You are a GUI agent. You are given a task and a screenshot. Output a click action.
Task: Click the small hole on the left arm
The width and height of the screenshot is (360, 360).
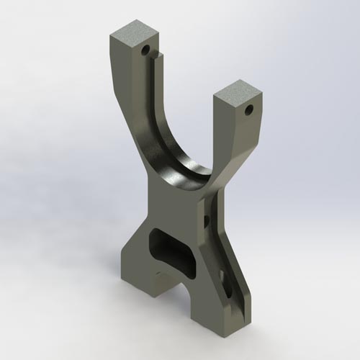pyautogui.click(x=146, y=51)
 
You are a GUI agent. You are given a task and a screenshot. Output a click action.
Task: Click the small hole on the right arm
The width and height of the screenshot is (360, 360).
pyautogui.click(x=249, y=110)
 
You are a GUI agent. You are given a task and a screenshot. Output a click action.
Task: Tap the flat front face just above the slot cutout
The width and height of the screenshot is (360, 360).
pyautogui.click(x=173, y=209)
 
